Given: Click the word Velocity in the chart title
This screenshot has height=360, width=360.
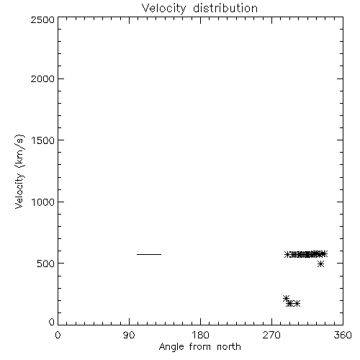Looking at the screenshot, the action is click(x=163, y=9).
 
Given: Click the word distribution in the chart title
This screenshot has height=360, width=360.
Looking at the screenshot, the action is click(x=225, y=8).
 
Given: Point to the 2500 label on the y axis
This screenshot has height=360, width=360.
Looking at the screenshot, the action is click(x=42, y=19).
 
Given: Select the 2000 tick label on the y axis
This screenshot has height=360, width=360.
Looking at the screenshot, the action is click(x=42, y=78).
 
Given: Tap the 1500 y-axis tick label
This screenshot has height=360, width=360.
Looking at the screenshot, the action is click(x=43, y=140).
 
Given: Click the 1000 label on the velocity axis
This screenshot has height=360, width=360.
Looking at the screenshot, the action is click(x=43, y=202).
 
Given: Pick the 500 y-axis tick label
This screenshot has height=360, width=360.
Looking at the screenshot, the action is click(x=46, y=264).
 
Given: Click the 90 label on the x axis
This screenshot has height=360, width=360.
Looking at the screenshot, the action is click(x=129, y=335).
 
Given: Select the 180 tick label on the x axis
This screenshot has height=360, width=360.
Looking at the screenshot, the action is click(x=200, y=335).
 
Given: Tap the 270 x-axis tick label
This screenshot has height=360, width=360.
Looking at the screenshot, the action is click(x=271, y=335).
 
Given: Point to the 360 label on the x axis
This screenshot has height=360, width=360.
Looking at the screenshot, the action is click(x=343, y=335).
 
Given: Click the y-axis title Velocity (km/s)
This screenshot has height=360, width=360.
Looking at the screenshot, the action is click(x=19, y=171).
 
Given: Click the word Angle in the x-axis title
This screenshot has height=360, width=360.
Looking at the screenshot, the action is click(x=171, y=347).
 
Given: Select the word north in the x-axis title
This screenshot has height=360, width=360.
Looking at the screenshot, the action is click(x=229, y=347).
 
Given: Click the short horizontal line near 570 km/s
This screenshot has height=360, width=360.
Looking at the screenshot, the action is click(x=149, y=254).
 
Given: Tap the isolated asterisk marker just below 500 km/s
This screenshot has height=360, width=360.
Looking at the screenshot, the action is click(x=320, y=264).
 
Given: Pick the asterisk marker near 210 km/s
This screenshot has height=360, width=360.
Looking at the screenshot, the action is click(x=286, y=299).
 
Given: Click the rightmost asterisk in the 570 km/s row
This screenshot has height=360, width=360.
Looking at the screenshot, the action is click(x=324, y=254).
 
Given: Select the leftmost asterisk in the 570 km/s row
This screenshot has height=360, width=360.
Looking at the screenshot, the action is click(x=287, y=255).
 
